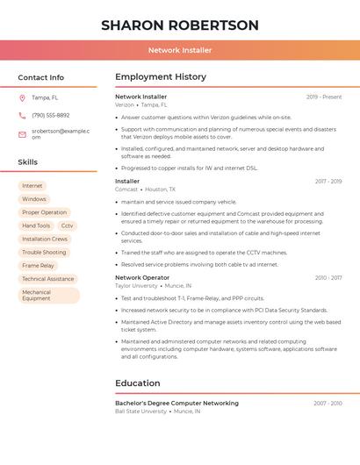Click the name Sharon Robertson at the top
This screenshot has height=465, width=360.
[x=180, y=25]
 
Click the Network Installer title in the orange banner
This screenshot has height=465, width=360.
[x=180, y=50]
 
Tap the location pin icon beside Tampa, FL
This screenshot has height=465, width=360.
[x=22, y=97]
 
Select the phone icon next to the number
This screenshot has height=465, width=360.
[x=22, y=115]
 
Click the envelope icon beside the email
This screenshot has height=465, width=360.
[x=22, y=134]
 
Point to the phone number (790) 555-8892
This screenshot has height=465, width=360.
[x=50, y=115]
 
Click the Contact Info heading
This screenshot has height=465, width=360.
[x=41, y=77]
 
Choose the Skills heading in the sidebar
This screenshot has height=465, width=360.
[x=28, y=162]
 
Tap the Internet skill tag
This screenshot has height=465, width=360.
[x=32, y=186]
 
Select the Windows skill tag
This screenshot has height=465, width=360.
[x=34, y=199]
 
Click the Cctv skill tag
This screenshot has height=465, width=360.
[x=68, y=225]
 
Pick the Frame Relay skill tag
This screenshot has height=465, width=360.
[x=38, y=265]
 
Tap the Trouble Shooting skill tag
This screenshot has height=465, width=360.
[x=44, y=252]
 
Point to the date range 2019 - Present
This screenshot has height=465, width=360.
[x=324, y=97]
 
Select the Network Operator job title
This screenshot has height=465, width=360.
[x=142, y=277]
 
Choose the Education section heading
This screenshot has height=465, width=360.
[x=138, y=383]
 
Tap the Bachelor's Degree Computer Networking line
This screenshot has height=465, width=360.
[x=176, y=403]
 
